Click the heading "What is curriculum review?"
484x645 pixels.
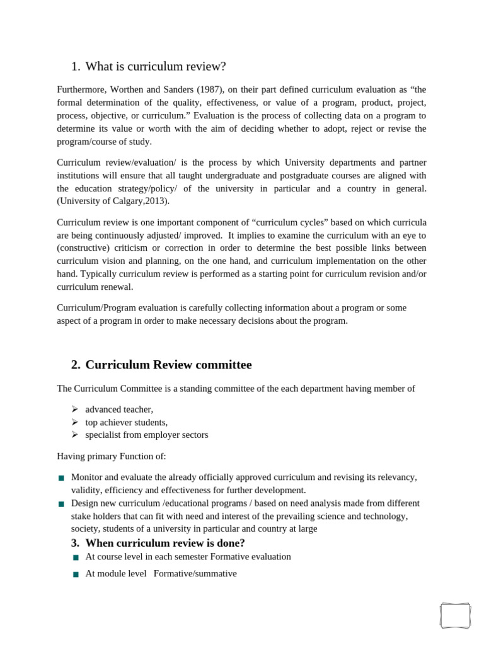pos(155,67)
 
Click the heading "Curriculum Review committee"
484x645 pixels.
pos(168,365)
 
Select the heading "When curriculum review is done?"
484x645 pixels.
pos(165,543)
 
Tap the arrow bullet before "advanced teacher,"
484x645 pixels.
pos(74,409)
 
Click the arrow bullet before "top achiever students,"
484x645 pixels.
pos(74,422)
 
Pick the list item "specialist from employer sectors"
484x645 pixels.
pos(146,435)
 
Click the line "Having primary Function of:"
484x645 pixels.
pos(112,456)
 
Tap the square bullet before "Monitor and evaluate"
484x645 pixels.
pos(61,479)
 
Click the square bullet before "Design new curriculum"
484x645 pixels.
pos(61,505)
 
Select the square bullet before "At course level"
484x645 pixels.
pos(76,558)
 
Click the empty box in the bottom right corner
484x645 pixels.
pos(455,615)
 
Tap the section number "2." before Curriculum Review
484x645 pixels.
pos(76,365)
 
